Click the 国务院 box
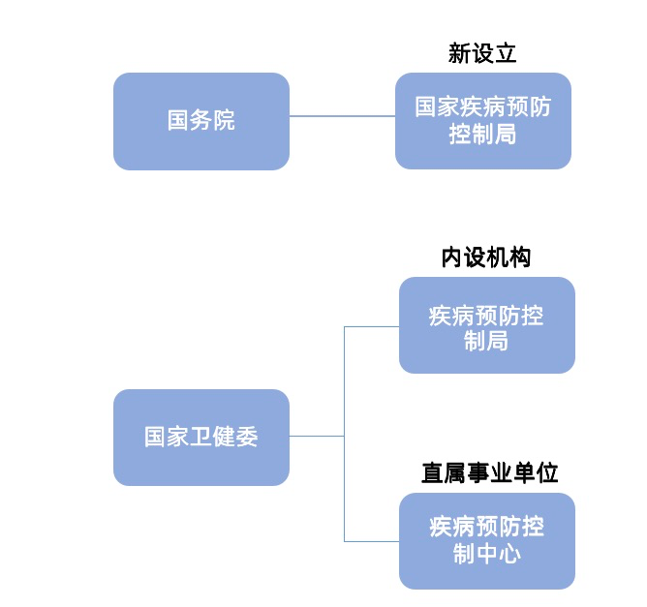pyautogui.click(x=200, y=121)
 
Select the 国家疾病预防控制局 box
pyautogui.click(x=482, y=121)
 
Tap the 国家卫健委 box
pyautogui.click(x=200, y=437)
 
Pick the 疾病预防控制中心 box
pyautogui.click(x=486, y=540)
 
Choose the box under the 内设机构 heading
pyautogui.click(x=486, y=325)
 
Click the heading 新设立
pyautogui.click(x=482, y=53)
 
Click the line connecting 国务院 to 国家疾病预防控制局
pyautogui.click(x=342, y=116)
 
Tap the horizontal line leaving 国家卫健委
pyautogui.click(x=316, y=436)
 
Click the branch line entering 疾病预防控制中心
pyautogui.click(x=372, y=540)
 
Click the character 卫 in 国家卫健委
pyautogui.click(x=200, y=437)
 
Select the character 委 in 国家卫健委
pyautogui.click(x=247, y=437)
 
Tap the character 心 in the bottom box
pyautogui.click(x=509, y=554)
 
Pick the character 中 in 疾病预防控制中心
pyautogui.click(x=486, y=554)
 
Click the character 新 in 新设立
pyautogui.click(x=459, y=53)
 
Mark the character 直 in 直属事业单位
pyautogui.click(x=433, y=472)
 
